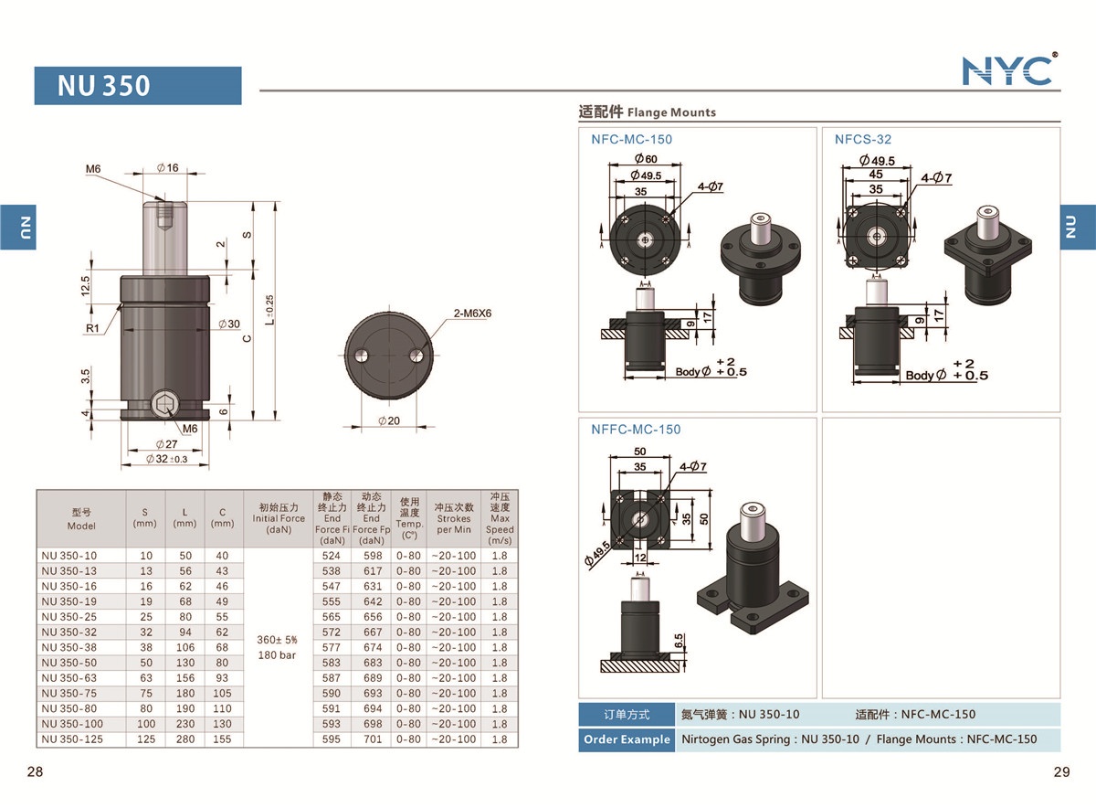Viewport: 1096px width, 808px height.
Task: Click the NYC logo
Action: point(1008,70)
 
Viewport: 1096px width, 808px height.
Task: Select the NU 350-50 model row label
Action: point(69,663)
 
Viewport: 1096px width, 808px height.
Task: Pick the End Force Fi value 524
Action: point(331,556)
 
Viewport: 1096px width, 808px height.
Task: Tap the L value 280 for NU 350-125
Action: point(185,739)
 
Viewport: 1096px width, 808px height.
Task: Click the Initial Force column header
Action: point(279,518)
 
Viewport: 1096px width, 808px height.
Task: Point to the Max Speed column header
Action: point(500,518)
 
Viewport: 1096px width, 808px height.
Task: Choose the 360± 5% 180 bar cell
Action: point(279,647)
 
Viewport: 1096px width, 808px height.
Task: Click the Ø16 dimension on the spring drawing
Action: point(167,168)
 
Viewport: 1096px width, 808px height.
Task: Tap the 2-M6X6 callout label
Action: point(473,313)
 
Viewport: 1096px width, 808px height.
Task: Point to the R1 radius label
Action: point(93,326)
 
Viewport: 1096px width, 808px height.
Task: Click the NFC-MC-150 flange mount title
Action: point(631,140)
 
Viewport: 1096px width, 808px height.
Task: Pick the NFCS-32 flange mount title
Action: point(862,140)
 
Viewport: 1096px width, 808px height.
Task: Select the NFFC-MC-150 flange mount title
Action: point(636,430)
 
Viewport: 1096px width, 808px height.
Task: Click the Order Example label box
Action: point(627,739)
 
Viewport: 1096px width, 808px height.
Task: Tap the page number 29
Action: point(1061,772)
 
